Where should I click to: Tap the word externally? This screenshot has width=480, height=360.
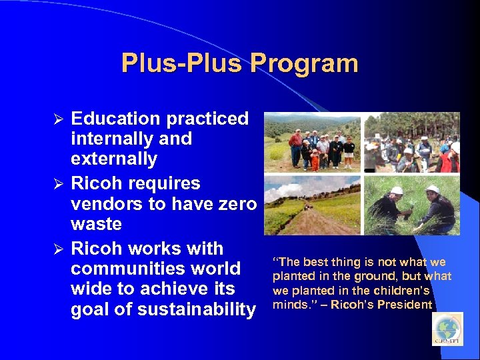coord(114,159)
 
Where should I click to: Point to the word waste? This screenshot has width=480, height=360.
coord(96,224)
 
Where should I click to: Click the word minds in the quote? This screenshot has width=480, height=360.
coord(288,305)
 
